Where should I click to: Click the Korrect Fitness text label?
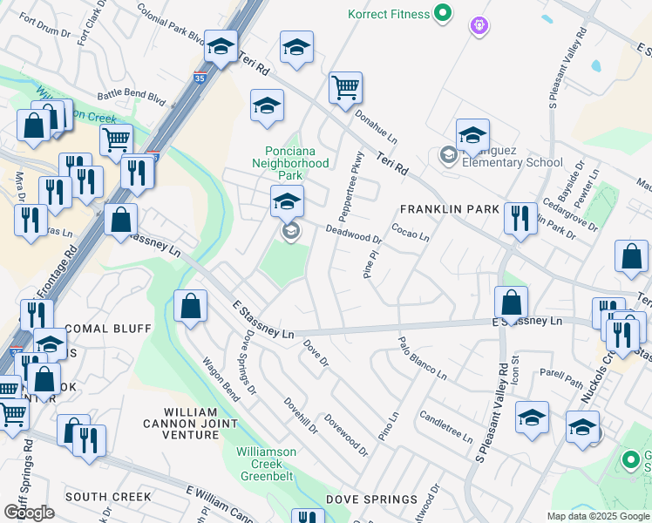[x=389, y=14]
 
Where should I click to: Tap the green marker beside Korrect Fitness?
[x=443, y=13]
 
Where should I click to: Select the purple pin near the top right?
[x=478, y=26]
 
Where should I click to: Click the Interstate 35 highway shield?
[x=200, y=78]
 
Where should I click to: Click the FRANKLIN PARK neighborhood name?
[x=450, y=209]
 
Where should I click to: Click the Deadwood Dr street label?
[x=354, y=234]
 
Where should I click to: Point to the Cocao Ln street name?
[x=410, y=233]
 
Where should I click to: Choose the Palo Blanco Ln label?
[x=422, y=358]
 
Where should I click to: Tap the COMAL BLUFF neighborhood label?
[x=109, y=329]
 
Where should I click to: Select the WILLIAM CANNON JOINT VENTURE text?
[x=200, y=423]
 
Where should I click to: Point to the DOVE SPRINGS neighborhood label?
[x=372, y=499]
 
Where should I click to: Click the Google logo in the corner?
[x=29, y=513]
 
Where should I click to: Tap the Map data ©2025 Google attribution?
[x=597, y=516]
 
